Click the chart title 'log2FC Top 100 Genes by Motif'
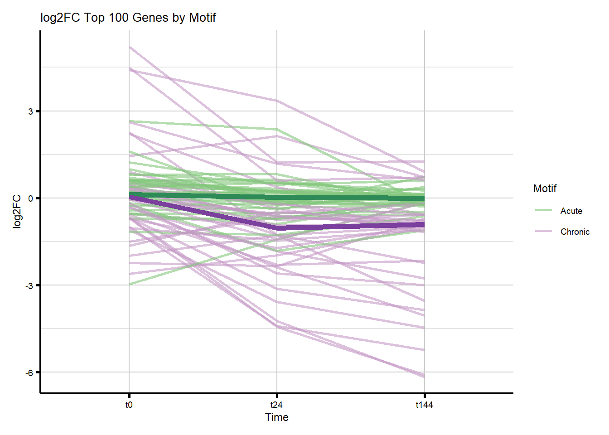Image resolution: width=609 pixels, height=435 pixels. tap(128, 18)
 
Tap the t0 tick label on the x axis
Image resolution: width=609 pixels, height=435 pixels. tap(129, 405)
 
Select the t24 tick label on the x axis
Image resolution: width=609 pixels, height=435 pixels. tap(276, 405)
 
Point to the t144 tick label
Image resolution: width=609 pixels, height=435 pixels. tap(424, 405)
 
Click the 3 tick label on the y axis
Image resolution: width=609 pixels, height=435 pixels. tap(30, 111)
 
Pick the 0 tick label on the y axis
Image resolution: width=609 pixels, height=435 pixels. tap(30, 198)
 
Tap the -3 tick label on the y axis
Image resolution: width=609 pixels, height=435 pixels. tap(29, 285)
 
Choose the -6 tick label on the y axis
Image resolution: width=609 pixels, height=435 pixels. tap(29, 373)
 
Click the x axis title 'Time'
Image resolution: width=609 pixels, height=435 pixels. tap(276, 417)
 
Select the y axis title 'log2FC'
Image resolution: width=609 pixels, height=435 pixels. tap(17, 212)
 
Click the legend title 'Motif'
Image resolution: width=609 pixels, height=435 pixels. tap(545, 188)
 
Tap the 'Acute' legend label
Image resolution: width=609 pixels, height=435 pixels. tap(571, 211)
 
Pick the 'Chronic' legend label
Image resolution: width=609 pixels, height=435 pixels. tap(575, 232)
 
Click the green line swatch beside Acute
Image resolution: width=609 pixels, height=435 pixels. tap(543, 210)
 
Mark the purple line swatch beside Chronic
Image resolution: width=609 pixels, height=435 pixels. tap(543, 231)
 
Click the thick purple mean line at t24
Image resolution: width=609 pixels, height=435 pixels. tap(277, 227)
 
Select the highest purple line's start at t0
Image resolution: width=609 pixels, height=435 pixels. tap(130, 47)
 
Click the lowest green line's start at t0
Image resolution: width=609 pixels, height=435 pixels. tap(130, 284)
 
